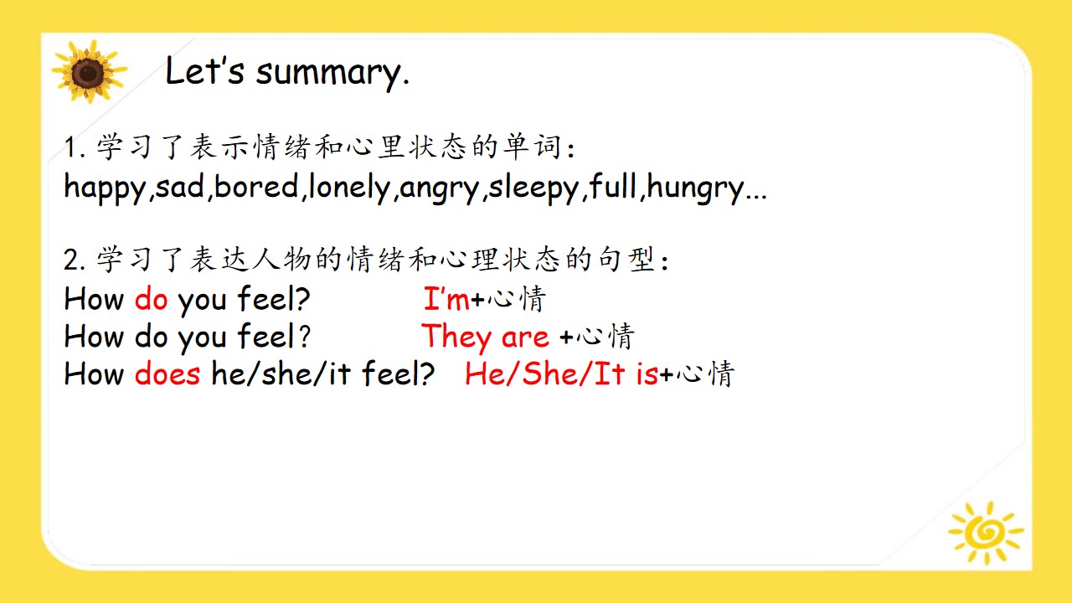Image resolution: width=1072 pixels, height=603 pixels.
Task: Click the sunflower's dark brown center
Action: click(88, 74)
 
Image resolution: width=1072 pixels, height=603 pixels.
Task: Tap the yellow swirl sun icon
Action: click(986, 532)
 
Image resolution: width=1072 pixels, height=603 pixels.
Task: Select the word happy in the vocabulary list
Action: click(105, 188)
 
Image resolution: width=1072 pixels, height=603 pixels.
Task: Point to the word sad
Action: click(180, 186)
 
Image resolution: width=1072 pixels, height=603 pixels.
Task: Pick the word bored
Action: click(256, 186)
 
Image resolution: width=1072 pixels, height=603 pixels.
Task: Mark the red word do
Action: click(152, 298)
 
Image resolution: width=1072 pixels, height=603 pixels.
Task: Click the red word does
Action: click(167, 374)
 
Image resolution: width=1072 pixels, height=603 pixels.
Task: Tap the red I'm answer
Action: click(446, 298)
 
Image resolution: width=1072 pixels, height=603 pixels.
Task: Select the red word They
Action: click(456, 338)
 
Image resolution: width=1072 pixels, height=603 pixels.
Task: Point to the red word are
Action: click(525, 338)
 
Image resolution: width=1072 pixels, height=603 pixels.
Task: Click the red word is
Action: click(647, 374)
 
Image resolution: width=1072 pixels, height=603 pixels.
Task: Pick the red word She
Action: click(550, 374)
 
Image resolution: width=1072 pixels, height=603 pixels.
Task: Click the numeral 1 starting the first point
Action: click(71, 147)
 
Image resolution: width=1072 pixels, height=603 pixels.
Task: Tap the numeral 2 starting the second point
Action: click(72, 260)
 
